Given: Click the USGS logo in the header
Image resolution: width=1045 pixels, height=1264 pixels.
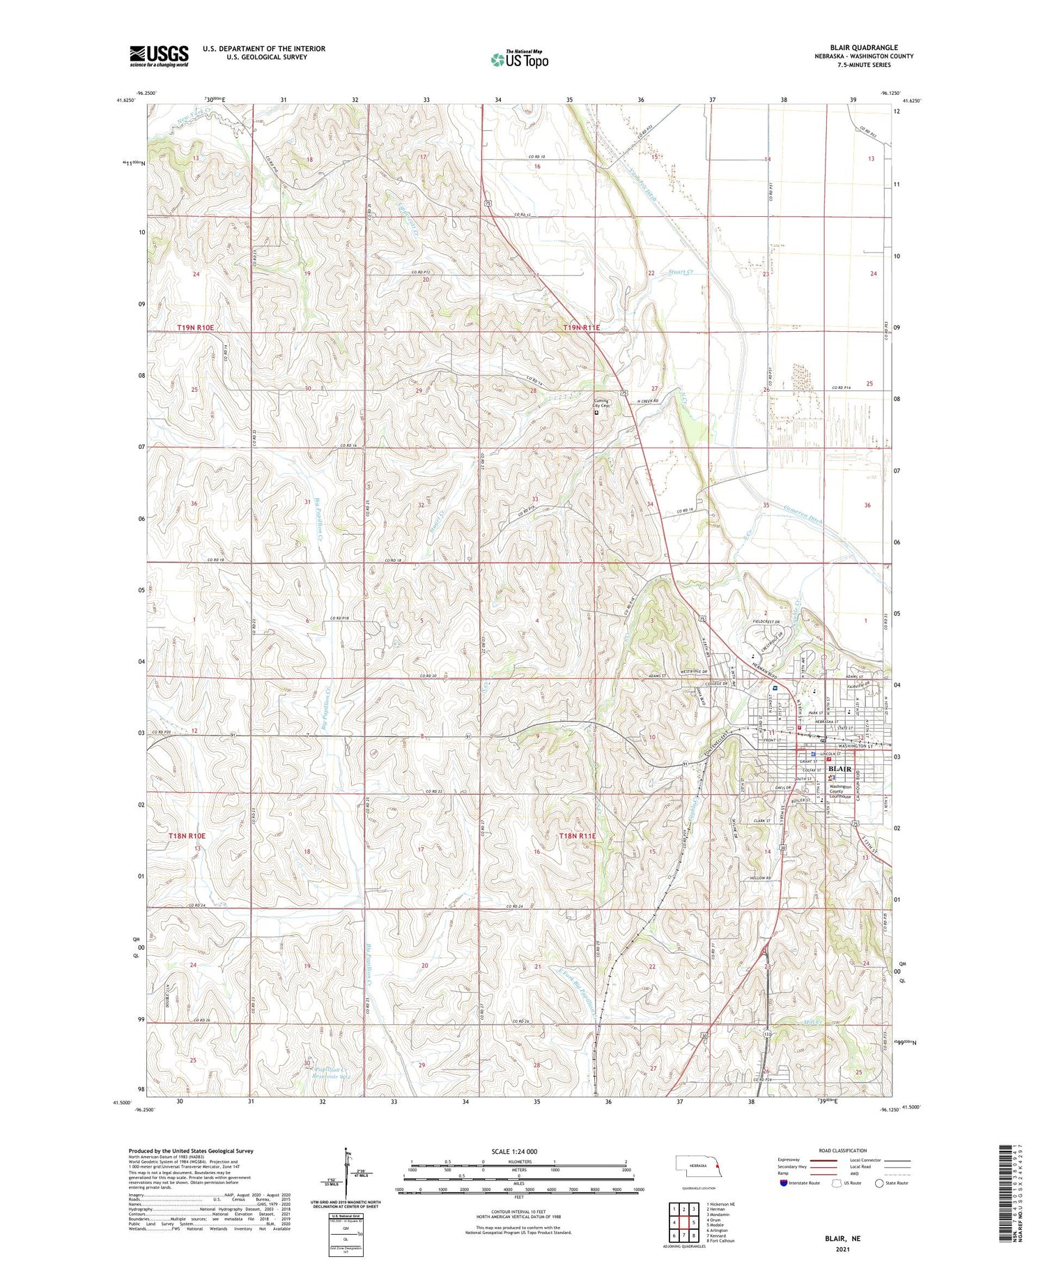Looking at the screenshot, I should point(159,56).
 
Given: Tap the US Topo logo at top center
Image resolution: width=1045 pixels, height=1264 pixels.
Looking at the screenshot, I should point(519,59).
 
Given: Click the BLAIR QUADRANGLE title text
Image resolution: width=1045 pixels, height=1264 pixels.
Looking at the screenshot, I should point(863,47).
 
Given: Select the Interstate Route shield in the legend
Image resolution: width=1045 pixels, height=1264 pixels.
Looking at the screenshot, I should point(785,1183).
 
